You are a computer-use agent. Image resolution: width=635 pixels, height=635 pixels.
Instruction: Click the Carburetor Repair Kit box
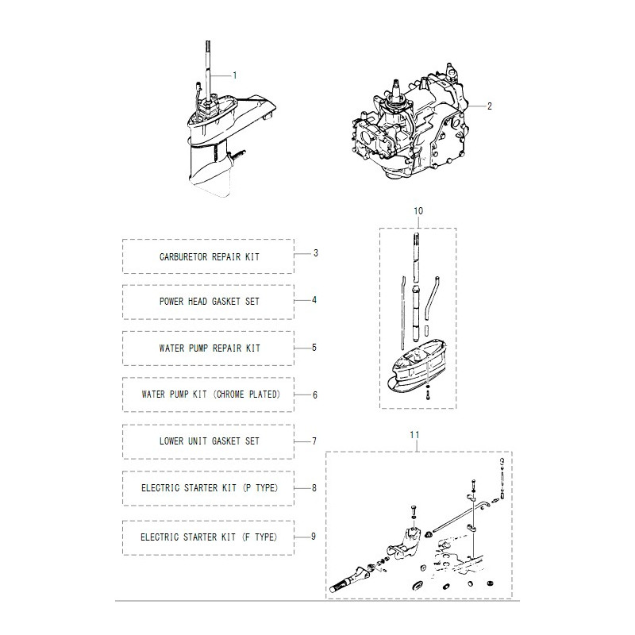pos(208,257)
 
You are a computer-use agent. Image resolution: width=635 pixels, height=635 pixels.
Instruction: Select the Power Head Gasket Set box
pos(208,302)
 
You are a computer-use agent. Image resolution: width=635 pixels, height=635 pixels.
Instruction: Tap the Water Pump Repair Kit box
pos(208,348)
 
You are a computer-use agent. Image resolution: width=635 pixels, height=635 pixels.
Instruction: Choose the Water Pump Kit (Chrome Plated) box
pos(208,394)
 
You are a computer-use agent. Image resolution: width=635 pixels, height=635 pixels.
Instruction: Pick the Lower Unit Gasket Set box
pos(208,441)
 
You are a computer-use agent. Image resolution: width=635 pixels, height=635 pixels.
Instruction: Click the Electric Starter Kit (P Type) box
pos(208,487)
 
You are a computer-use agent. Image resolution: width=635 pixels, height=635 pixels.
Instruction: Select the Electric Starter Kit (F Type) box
pos(208,537)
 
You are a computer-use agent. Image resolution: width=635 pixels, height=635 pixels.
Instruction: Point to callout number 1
pos(235,75)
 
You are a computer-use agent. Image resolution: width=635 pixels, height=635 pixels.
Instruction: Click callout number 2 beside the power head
pos(490,104)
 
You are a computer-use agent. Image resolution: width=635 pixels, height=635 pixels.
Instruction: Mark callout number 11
pos(414,435)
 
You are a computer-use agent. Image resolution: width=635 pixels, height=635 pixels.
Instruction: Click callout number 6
pos(314,394)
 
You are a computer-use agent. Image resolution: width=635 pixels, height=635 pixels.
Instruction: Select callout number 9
pos(314,537)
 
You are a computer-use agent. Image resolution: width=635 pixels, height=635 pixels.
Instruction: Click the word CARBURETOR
pos(184,257)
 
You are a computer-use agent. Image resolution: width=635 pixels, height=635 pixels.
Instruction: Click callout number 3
pos(315,253)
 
